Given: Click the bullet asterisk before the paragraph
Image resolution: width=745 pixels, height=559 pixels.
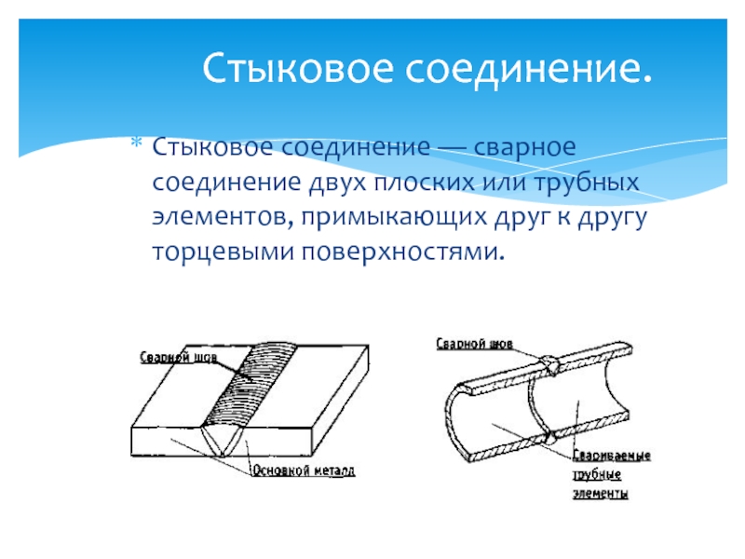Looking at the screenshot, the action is click(136, 145).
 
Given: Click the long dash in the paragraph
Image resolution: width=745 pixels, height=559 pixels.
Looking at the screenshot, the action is click(451, 147).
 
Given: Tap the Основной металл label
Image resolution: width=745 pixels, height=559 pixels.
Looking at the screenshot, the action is click(304, 471).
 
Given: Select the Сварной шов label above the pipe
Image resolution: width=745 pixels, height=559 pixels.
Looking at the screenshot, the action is click(475, 343).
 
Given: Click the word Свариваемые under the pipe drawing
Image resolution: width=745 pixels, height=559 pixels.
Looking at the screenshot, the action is click(610, 457).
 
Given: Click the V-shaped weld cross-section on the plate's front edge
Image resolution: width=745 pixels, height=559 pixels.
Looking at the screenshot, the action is click(224, 439).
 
